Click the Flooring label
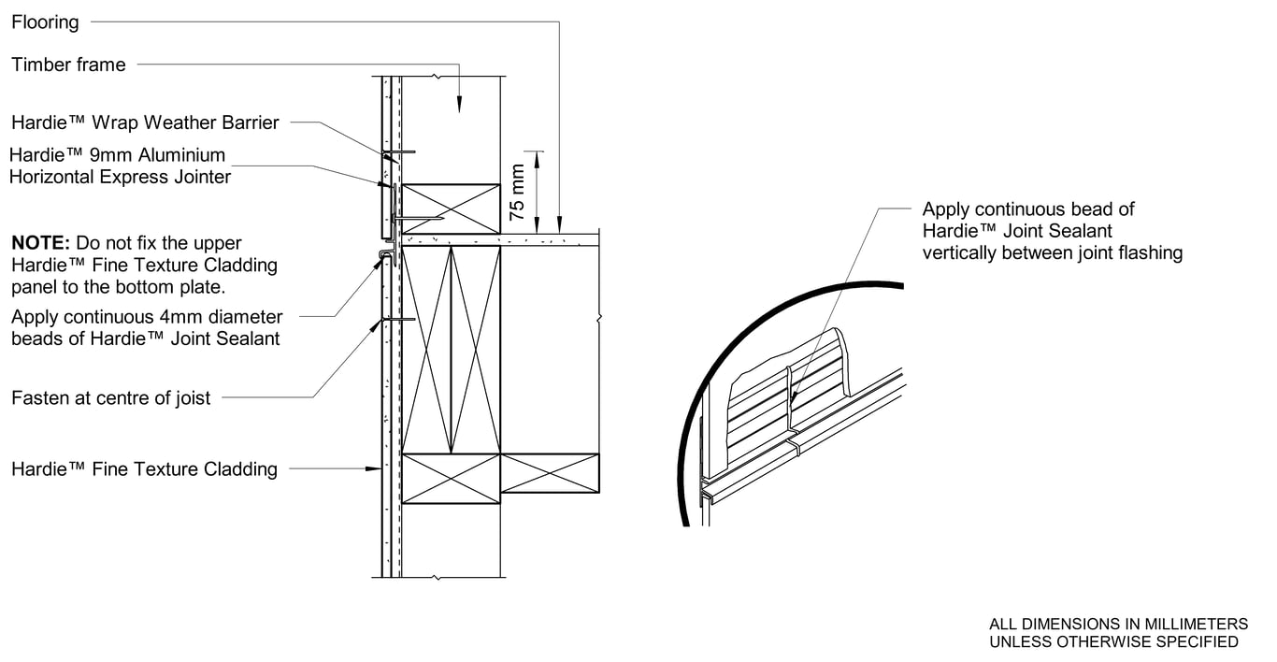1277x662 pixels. pos(45,22)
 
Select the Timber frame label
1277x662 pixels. pos(68,65)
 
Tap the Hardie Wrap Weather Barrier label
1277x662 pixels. pos(145,122)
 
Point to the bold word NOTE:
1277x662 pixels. pos(40,243)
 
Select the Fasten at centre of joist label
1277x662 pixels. pos(110,398)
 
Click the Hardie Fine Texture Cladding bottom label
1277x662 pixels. pos(144,469)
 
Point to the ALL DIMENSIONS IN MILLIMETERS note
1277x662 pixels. pos(1118,624)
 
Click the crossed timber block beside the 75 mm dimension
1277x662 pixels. pos(451,209)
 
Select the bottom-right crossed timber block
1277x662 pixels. pos(550,473)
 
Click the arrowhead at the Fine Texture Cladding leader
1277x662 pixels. pos(374,468)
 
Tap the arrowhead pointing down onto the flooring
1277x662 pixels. pos(559,226)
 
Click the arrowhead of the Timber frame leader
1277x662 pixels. pos(459,108)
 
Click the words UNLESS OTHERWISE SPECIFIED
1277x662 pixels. pos(1113,641)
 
